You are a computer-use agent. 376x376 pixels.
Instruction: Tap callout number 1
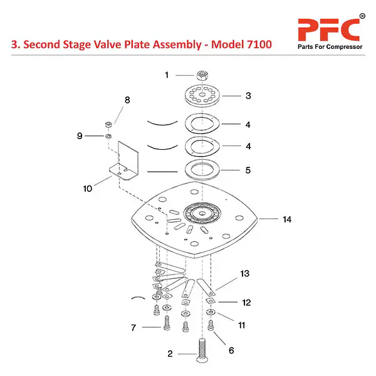coord(167,75)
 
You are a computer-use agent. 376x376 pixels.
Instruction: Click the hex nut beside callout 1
coord(202,75)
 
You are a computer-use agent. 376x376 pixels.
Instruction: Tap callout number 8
coord(127,100)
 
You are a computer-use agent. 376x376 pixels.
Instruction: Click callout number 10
coord(87,188)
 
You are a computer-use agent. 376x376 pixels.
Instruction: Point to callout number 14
coord(287,220)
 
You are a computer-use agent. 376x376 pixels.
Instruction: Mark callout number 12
coord(246,303)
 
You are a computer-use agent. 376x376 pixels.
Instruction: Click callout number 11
coord(241,325)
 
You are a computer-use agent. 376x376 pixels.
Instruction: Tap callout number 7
coord(133,328)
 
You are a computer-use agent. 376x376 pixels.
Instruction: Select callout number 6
coord(231,350)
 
